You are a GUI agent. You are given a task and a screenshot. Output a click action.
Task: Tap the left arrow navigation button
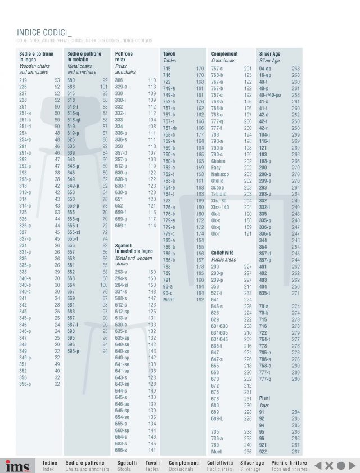(x=317, y=465)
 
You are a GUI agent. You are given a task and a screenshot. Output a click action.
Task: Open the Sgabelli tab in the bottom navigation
(x=127, y=466)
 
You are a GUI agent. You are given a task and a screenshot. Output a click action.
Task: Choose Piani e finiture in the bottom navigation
(x=289, y=466)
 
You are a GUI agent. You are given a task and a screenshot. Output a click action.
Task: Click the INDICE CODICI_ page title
(x=44, y=33)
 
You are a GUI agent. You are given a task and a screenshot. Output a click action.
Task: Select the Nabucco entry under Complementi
(x=220, y=174)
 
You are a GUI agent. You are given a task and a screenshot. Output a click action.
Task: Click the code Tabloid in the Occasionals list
(x=219, y=194)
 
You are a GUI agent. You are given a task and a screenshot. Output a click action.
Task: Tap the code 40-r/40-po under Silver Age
(x=269, y=95)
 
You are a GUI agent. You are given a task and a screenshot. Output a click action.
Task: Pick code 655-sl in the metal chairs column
(x=74, y=232)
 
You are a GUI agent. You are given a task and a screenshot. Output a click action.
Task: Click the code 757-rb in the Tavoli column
(x=170, y=128)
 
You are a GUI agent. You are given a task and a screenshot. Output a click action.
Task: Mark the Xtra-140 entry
(x=221, y=208)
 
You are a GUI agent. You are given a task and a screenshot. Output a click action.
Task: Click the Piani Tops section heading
(x=264, y=401)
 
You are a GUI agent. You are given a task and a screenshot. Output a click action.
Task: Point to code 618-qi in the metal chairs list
(x=74, y=119)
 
